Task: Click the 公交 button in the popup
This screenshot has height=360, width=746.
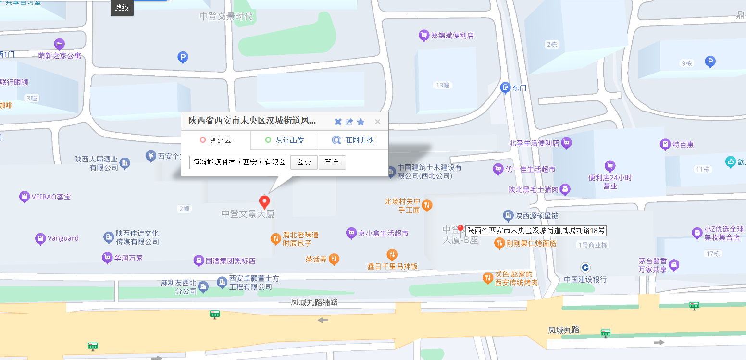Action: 304,162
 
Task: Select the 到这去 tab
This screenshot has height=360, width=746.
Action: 216,140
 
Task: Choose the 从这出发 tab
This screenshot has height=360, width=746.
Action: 285,140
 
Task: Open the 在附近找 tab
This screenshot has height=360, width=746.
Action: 354,140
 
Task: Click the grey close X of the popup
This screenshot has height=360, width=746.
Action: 377,122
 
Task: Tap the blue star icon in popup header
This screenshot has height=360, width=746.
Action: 361,122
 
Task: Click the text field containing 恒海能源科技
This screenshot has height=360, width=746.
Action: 239,162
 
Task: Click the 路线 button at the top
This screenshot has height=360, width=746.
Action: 122,8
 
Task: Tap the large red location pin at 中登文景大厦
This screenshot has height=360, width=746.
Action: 264,201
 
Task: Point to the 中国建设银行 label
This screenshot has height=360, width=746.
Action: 585,279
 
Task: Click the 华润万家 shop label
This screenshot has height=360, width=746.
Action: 128,258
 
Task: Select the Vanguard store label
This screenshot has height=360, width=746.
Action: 63,238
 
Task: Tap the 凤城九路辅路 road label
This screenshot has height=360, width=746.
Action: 314,302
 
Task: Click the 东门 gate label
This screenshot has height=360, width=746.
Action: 520,88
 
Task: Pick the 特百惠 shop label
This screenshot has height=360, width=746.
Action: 683,144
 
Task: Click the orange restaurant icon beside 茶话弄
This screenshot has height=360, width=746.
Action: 335,260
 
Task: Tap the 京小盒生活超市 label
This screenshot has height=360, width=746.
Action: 384,233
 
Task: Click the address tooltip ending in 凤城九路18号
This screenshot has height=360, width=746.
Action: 535,230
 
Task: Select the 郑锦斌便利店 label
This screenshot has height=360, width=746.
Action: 452,36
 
